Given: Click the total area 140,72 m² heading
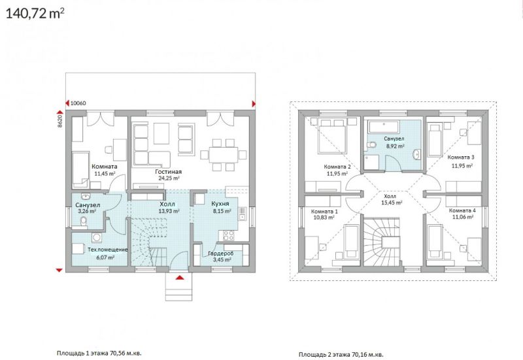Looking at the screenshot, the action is coord(35,14).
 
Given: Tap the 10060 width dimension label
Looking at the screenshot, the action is coord(78,103).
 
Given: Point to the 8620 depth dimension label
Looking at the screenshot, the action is coord(60,122).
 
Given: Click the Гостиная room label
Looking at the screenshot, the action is coord(169,172).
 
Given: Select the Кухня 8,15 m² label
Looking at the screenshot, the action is coord(220,207).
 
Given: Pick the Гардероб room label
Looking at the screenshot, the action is coord(220,254).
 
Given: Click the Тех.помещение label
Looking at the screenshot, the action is coord(107,250).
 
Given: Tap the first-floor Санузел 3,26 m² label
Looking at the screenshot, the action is coord(88,208).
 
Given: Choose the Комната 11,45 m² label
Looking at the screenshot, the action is coord(105,170).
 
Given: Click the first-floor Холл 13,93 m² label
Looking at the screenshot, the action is coord(169,207).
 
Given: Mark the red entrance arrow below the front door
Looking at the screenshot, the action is coord(179,277).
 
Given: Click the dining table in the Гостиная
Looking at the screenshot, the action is coord(224,155).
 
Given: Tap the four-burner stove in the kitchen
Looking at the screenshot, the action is coord(229,235).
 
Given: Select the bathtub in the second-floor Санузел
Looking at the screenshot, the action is coord(384,126).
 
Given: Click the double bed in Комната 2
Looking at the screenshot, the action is coord(333,136).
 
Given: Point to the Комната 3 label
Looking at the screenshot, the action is coord(461,157).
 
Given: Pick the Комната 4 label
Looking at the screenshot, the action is coord(462,210).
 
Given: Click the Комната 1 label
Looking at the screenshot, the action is coord(324,211).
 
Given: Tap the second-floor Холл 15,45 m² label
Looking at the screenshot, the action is coord(392,199).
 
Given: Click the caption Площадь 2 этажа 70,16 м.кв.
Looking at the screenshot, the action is coord(341,354).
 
